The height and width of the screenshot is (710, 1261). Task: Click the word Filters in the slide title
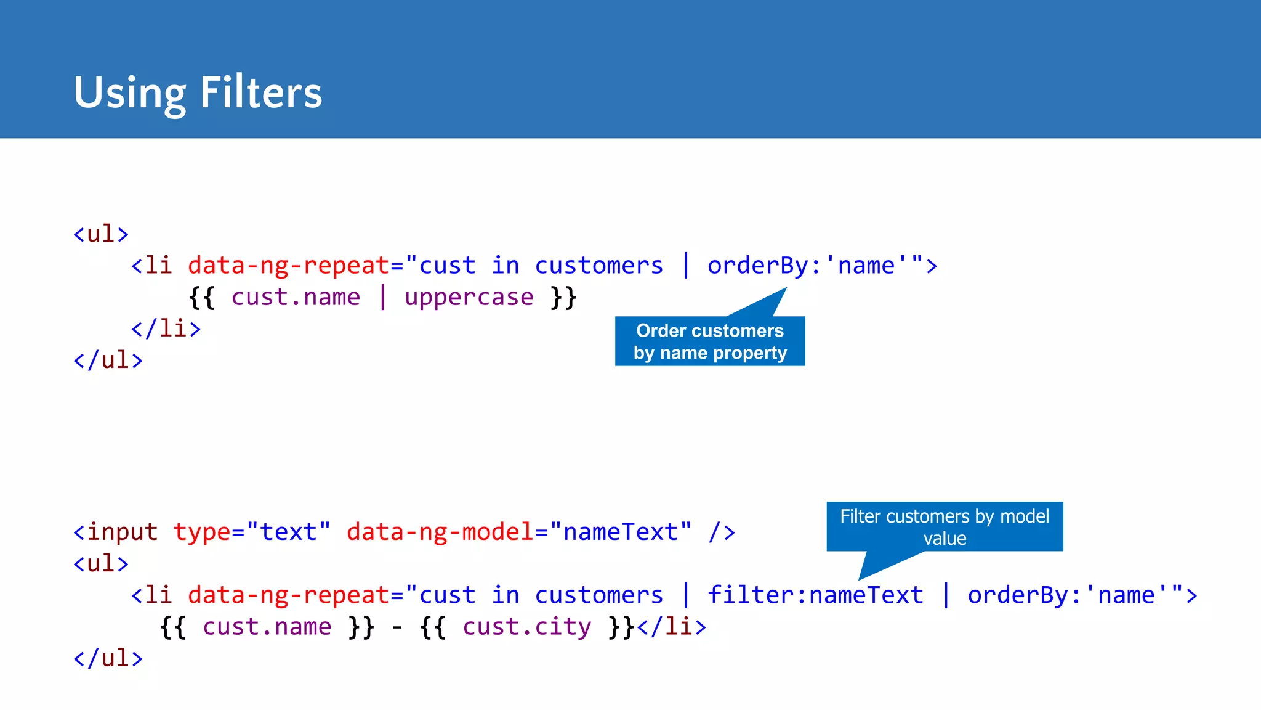click(261, 92)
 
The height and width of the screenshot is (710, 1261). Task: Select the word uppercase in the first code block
click(469, 297)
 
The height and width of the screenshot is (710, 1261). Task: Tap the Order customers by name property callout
click(710, 341)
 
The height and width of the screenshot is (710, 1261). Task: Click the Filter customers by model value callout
click(944, 527)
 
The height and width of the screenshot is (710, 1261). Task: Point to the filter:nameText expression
click(815, 595)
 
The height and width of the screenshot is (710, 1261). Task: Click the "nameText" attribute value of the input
click(621, 532)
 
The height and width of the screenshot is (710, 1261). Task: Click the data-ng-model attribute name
click(440, 532)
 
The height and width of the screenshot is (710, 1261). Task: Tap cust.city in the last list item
click(527, 627)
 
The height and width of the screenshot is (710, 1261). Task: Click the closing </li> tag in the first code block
click(166, 328)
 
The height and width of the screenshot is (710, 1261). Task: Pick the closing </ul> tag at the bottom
click(108, 658)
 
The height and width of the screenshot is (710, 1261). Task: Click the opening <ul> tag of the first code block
click(101, 234)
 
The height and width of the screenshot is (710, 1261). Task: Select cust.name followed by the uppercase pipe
click(296, 297)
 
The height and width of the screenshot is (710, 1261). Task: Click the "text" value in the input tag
click(288, 532)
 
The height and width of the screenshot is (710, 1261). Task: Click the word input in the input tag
click(122, 532)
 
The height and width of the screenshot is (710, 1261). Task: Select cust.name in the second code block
click(267, 627)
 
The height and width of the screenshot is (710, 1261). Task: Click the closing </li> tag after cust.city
click(672, 627)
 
